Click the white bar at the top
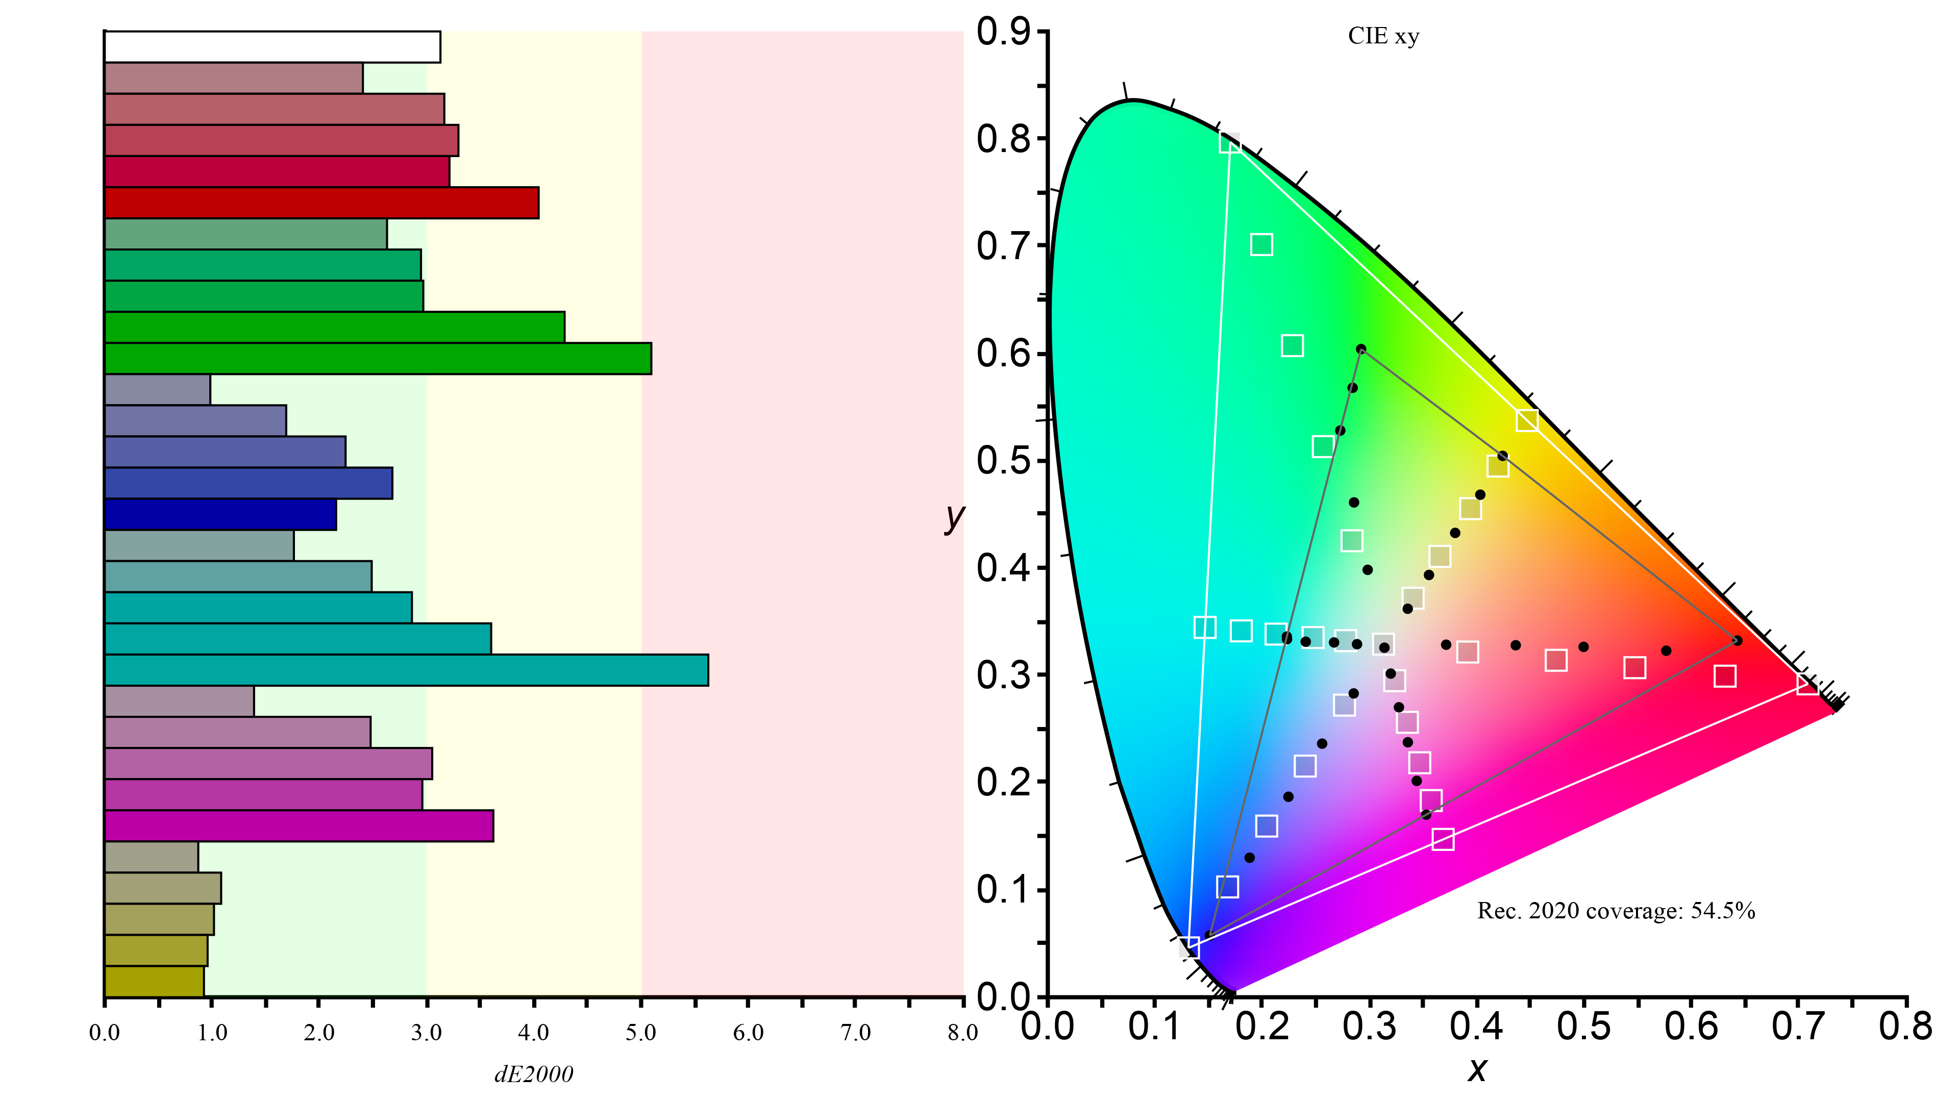tap(272, 47)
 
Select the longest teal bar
tap(406, 670)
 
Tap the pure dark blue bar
tap(220, 515)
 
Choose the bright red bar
tap(321, 203)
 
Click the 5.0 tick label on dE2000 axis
tap(640, 1033)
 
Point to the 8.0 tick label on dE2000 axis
tap(962, 1033)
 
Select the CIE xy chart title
tap(1383, 37)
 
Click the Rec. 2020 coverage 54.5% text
tap(1616, 910)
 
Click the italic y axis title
tap(954, 517)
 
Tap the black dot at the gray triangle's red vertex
tap(1737, 640)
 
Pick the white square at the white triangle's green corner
tap(1230, 142)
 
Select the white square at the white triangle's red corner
tap(1807, 685)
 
